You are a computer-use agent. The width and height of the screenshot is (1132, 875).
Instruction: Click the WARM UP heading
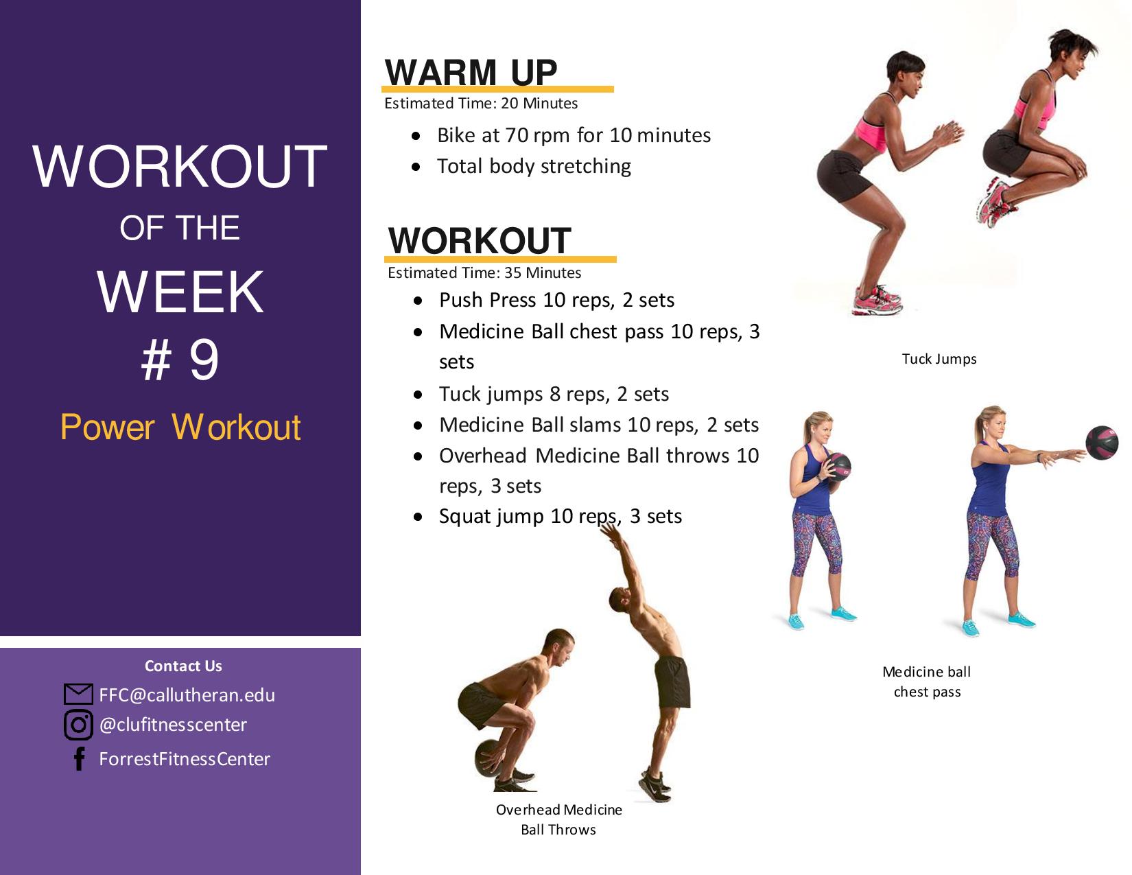tap(471, 72)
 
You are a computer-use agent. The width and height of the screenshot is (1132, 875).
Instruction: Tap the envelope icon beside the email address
tap(78, 694)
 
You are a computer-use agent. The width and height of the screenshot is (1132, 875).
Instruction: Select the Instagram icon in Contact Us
tap(78, 725)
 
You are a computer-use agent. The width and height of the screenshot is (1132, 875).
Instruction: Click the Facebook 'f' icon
tap(79, 758)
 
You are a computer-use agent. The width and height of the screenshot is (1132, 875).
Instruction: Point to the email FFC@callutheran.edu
tap(187, 695)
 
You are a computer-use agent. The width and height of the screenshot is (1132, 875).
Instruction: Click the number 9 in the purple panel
tap(204, 360)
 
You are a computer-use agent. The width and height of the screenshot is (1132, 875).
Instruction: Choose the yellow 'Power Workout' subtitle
tap(180, 428)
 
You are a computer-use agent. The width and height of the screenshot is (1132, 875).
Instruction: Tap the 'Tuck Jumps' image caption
tap(939, 359)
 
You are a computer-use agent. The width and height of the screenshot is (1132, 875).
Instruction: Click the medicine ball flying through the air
tap(1102, 443)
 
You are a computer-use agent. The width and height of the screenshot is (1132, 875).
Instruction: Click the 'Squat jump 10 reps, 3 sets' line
tap(561, 516)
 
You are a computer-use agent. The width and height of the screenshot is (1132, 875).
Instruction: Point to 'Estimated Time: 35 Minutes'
tap(484, 272)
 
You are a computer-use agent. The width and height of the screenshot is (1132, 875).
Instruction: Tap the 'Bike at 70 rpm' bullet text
tap(574, 135)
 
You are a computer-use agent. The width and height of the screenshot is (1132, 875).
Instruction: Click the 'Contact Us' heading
tap(183, 666)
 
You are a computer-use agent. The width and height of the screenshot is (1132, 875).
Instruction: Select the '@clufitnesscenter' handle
tap(173, 725)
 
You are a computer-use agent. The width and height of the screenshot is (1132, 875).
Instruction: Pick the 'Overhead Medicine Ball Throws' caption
tap(559, 819)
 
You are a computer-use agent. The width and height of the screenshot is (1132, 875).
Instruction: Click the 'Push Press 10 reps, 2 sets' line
tap(557, 300)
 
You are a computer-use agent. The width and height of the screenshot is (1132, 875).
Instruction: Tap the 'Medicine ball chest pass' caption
tap(927, 681)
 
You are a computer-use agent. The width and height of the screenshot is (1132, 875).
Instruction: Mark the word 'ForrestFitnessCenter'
tap(185, 759)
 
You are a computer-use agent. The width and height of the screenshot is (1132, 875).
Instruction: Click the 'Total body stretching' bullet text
tap(534, 166)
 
